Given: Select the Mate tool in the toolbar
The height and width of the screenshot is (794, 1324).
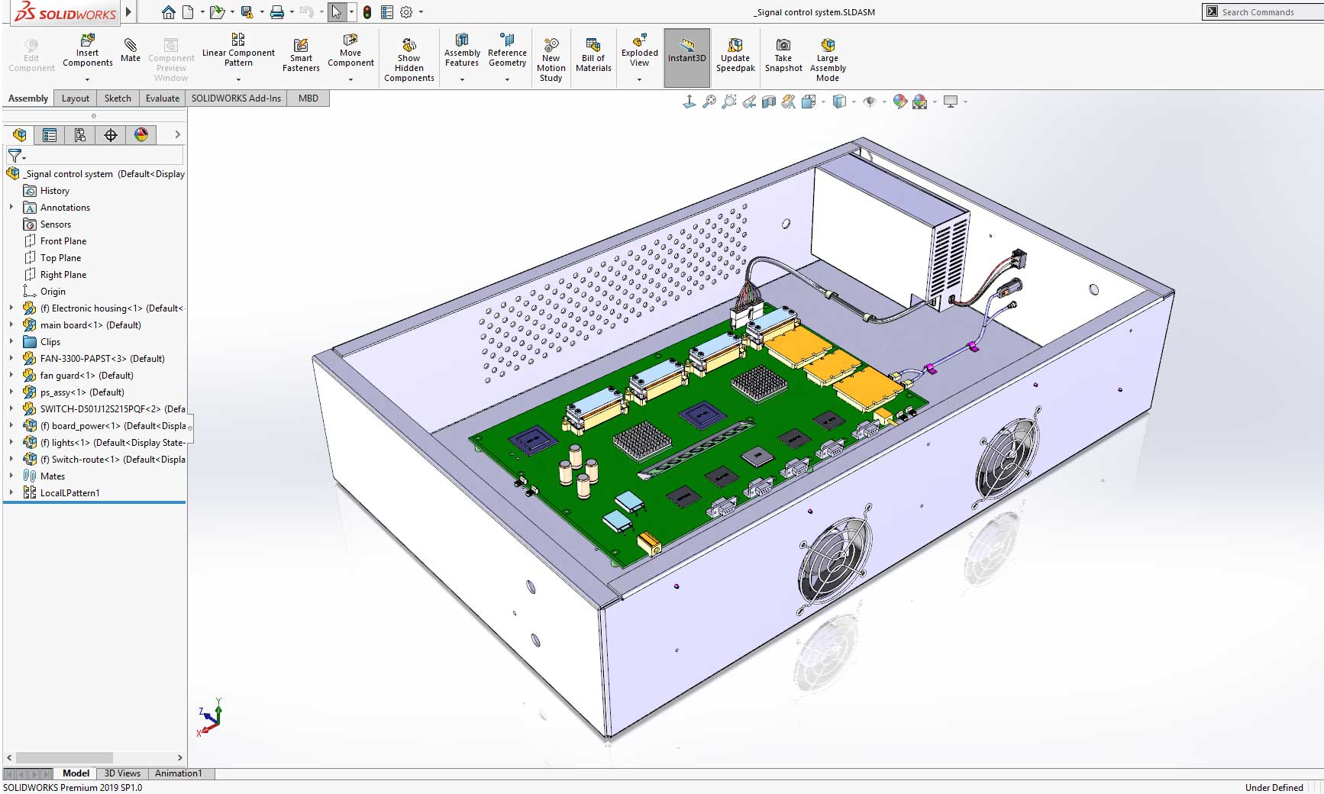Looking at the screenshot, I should tap(131, 49).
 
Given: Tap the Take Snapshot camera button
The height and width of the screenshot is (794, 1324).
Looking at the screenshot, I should tap(783, 55).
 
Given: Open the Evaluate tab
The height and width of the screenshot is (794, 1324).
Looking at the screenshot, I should tap(163, 98).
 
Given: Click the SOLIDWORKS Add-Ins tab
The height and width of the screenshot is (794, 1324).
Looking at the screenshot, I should tap(236, 98).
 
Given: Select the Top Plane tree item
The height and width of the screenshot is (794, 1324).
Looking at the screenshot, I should tap(60, 258).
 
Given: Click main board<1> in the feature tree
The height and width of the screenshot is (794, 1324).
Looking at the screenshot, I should tap(90, 325).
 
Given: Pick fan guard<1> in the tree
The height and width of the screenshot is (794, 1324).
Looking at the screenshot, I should tap(86, 376).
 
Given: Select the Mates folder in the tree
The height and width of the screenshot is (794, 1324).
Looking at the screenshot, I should tap(52, 476).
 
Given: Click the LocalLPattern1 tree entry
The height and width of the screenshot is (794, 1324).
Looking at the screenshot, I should tap(69, 493).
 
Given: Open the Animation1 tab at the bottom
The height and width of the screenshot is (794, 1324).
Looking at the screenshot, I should tap(178, 773).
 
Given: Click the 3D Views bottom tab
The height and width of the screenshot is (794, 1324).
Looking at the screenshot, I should tap(122, 773).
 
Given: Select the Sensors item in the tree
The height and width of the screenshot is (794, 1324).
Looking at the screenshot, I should tap(55, 224).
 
